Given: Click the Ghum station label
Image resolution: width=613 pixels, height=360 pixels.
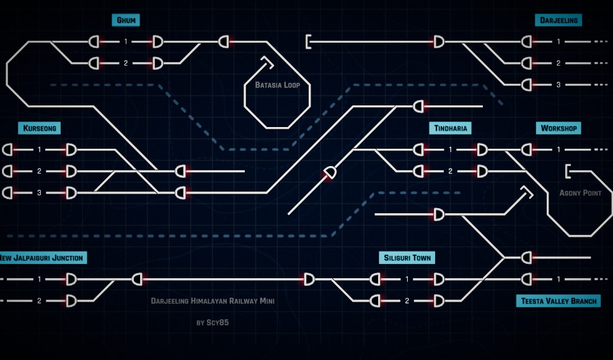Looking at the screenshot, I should click(125, 20).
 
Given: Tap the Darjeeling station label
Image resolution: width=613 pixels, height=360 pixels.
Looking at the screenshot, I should click(558, 20).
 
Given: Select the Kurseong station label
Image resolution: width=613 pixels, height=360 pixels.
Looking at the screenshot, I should click(40, 128).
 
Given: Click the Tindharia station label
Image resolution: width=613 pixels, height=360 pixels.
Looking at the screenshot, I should click(451, 128).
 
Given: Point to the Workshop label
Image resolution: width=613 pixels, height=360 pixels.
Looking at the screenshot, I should click(558, 128).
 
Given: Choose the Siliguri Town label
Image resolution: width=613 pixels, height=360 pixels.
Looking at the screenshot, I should click(407, 258).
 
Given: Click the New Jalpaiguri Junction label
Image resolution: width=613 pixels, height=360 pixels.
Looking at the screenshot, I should click(41, 258).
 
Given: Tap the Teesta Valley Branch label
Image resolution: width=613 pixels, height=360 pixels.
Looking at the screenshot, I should click(558, 301).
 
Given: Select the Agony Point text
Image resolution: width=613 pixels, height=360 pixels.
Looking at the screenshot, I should click(580, 193).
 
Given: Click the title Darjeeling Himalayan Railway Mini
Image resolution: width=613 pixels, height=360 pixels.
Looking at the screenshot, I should click(213, 301).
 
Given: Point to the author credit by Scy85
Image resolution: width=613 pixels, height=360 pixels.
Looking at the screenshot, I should click(213, 322).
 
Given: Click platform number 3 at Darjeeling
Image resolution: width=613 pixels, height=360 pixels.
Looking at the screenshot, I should click(558, 84).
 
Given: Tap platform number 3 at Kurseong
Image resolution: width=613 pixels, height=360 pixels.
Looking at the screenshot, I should click(39, 193).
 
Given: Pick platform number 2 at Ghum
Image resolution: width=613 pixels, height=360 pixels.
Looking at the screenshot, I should click(125, 63).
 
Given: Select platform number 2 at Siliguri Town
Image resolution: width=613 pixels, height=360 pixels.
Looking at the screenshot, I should click(407, 301).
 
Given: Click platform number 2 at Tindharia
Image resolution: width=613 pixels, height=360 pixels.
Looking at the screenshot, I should click(451, 171).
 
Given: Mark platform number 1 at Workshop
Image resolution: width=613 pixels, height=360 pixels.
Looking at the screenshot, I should click(558, 149).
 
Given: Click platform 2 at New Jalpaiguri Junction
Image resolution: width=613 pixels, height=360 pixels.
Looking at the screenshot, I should click(39, 301).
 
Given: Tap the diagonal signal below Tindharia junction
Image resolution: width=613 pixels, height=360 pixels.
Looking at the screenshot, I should click(330, 173).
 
